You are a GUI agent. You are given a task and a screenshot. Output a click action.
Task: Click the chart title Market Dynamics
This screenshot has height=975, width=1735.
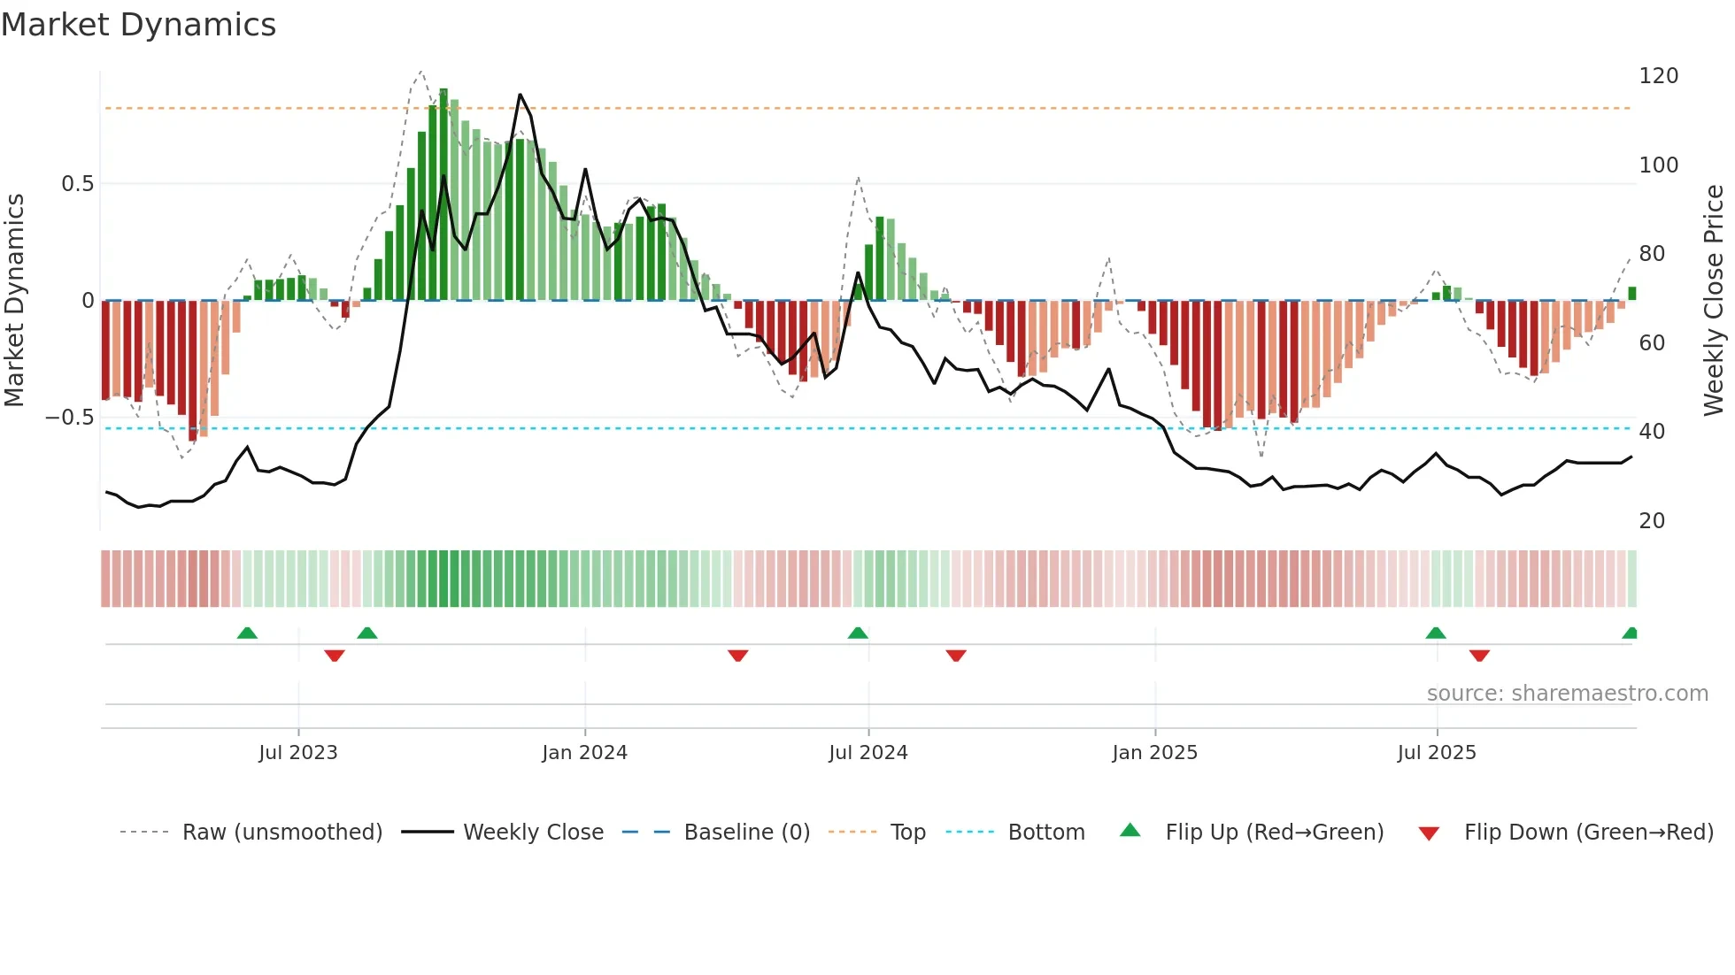click(139, 25)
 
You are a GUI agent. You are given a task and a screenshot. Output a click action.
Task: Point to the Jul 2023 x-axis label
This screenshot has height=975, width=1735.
click(298, 753)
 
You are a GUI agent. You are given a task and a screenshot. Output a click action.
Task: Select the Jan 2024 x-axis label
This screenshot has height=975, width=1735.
click(584, 753)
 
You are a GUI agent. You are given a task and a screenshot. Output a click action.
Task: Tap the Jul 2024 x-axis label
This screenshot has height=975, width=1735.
click(868, 753)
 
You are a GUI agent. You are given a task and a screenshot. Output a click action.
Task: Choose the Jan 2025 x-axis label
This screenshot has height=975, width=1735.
click(1154, 753)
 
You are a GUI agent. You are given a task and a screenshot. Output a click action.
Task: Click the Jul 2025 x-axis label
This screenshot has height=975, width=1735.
click(1437, 753)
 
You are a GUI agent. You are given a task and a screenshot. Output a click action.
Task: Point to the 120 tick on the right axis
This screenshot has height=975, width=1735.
click(1658, 76)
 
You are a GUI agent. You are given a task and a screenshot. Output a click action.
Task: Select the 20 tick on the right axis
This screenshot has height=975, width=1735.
click(1652, 521)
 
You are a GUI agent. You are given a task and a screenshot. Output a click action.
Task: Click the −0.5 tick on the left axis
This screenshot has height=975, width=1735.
click(70, 418)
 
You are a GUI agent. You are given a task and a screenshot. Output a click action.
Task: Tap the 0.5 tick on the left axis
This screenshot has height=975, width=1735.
click(78, 184)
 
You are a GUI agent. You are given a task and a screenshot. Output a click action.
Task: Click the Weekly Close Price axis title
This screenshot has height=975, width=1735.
click(1714, 301)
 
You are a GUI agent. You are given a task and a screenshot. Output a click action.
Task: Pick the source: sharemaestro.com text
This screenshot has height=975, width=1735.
click(1567, 694)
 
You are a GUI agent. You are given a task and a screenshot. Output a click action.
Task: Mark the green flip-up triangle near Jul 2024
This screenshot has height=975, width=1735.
click(858, 633)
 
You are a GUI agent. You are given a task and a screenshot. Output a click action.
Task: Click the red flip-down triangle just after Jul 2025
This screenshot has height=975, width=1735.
click(1479, 656)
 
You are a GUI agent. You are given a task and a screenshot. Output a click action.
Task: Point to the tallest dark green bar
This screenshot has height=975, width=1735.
click(443, 195)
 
